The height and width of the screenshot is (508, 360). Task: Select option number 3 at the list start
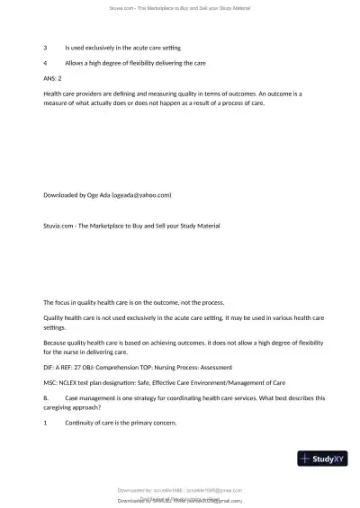click(45, 46)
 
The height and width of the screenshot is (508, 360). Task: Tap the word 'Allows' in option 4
click(76, 62)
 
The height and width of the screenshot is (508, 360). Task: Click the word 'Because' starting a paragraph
click(57, 342)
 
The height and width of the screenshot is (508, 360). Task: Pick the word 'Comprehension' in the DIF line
click(135, 367)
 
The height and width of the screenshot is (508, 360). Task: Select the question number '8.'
click(46, 397)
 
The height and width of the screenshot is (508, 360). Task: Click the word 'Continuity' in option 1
click(81, 423)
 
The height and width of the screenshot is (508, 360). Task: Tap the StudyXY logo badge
click(322, 459)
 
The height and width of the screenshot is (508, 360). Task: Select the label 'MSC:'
click(51, 382)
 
